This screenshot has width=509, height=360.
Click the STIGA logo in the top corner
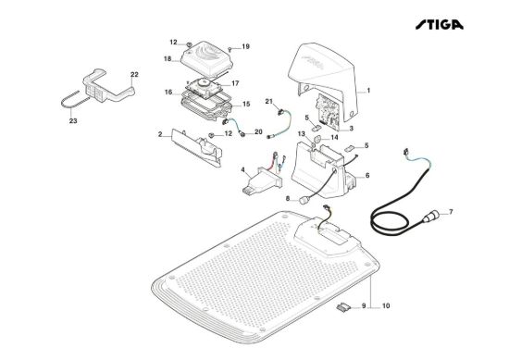pyautogui.click(x=440, y=25)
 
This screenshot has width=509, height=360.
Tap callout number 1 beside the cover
pyautogui.click(x=368, y=91)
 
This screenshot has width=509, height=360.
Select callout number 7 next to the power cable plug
pyautogui.click(x=451, y=212)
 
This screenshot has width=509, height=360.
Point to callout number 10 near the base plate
pyautogui.click(x=386, y=305)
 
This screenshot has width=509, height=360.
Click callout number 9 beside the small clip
pyautogui.click(x=364, y=305)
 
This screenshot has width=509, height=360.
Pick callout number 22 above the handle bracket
pyautogui.click(x=134, y=74)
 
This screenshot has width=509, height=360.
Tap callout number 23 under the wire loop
pyautogui.click(x=73, y=120)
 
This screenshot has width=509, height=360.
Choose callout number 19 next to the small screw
pyautogui.click(x=246, y=46)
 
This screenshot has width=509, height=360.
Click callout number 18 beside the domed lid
pyautogui.click(x=168, y=59)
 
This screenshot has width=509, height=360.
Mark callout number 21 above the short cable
pyautogui.click(x=268, y=102)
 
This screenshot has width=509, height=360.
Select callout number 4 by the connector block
pyautogui.click(x=242, y=169)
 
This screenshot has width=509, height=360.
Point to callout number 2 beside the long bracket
pyautogui.click(x=160, y=134)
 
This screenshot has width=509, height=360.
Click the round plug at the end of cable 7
pyautogui.click(x=431, y=217)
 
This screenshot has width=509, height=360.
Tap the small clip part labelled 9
pyautogui.click(x=343, y=306)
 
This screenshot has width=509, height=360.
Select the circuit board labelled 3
pyautogui.click(x=328, y=110)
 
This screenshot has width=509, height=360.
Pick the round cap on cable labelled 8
pyautogui.click(x=304, y=200)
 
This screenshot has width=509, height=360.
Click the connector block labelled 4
pyautogui.click(x=263, y=180)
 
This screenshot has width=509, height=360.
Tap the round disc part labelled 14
pyautogui.click(x=317, y=139)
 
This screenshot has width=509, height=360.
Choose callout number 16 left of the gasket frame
pyautogui.click(x=168, y=93)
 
